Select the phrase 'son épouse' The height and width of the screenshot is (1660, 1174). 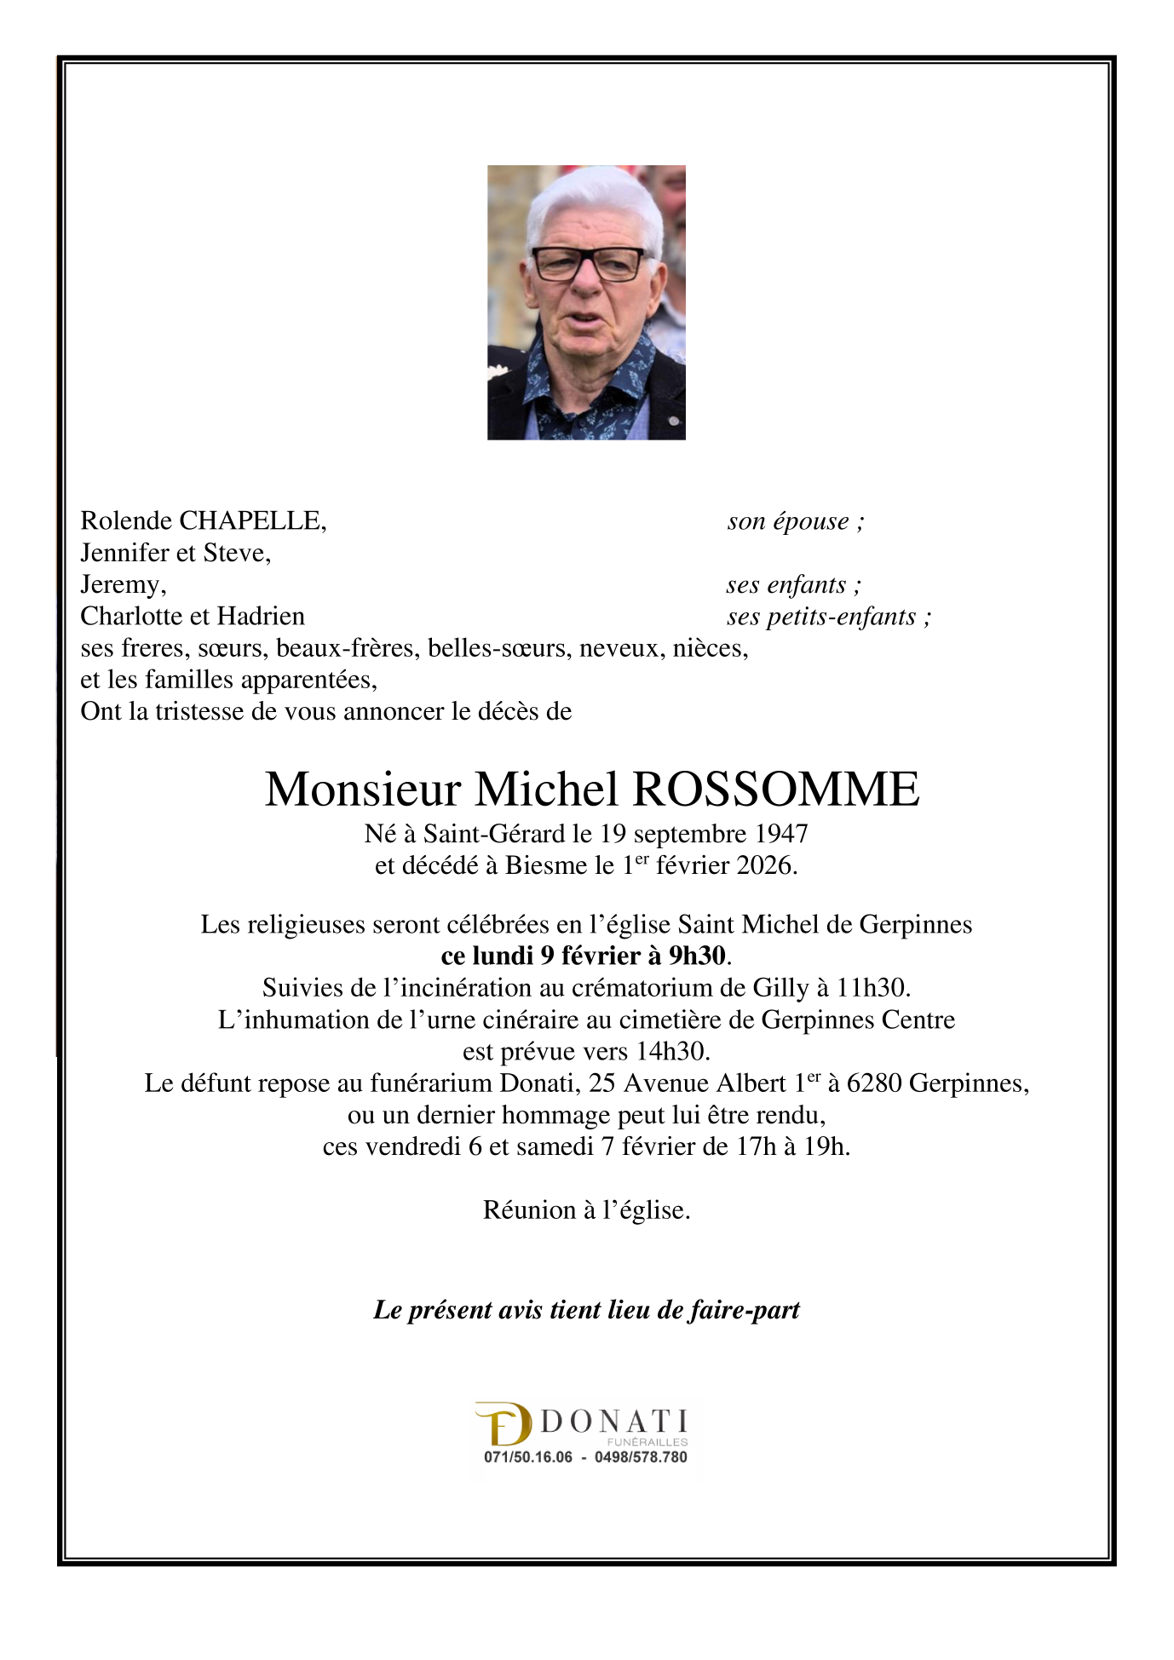pyautogui.click(x=788, y=521)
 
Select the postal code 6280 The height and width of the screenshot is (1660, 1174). pyautogui.click(x=873, y=1083)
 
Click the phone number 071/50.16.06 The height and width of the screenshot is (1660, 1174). pyautogui.click(x=528, y=1457)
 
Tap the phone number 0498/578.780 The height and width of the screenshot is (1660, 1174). pyautogui.click(x=641, y=1457)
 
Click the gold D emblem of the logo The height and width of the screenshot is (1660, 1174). pyautogui.click(x=504, y=1424)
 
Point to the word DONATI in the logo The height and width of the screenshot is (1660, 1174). pyautogui.click(x=614, y=1422)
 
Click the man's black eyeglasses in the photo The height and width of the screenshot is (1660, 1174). pyautogui.click(x=588, y=264)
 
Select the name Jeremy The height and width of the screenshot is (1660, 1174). pyautogui.click(x=121, y=585)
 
